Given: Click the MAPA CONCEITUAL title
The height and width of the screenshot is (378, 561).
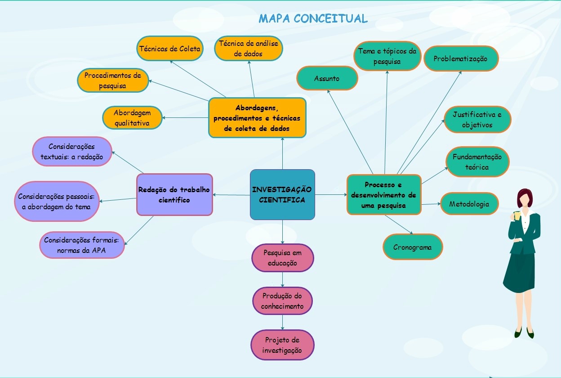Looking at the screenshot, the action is click(x=313, y=18).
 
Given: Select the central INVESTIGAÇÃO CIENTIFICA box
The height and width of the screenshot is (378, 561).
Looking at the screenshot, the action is click(x=282, y=194).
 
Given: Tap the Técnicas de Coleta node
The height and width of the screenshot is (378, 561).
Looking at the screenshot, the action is click(x=170, y=49).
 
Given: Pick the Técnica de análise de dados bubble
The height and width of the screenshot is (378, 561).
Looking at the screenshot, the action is click(x=249, y=49).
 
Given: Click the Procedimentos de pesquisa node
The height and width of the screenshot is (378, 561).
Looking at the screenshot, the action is click(x=113, y=80).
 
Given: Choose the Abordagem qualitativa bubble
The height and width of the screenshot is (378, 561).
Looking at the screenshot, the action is click(x=132, y=117).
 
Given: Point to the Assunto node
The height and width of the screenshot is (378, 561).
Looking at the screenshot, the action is click(x=327, y=78).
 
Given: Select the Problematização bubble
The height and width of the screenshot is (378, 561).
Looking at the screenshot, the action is click(x=461, y=58).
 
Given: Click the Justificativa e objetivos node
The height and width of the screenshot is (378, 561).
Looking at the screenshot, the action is click(x=477, y=120).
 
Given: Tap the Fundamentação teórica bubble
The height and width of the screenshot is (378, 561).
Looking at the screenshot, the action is click(x=477, y=162).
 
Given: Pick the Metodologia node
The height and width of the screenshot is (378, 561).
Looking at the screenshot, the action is click(x=469, y=204).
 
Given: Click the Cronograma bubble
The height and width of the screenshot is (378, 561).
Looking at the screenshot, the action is click(x=413, y=247).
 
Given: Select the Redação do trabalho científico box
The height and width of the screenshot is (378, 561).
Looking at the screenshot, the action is click(x=174, y=194).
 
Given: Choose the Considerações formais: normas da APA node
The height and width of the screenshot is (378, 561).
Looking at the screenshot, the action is click(x=82, y=245).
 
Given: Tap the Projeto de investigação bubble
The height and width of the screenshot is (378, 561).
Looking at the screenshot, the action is click(x=282, y=345).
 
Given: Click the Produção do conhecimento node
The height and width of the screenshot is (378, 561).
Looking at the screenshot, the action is click(x=282, y=301).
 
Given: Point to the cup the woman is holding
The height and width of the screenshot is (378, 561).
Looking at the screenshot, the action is click(x=516, y=216).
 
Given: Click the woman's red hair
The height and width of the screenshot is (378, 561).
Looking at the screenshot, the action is click(x=525, y=197).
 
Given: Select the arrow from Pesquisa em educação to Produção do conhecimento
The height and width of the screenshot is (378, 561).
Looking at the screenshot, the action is click(x=282, y=279).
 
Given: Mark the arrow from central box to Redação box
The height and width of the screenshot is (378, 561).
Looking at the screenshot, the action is click(x=232, y=195).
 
